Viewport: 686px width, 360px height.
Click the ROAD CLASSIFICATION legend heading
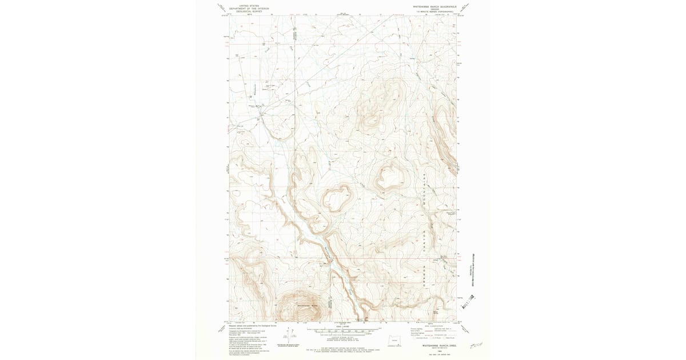click(434, 326)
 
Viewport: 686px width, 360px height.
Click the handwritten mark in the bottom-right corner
click(475, 345)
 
